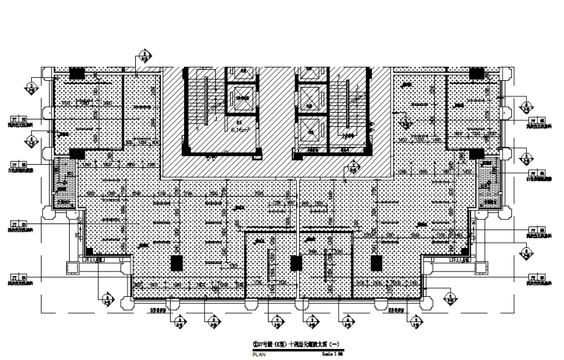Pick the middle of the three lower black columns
point(296,263)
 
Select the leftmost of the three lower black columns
point(176,263)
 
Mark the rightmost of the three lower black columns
point(375,263)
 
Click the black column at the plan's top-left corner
point(76,73)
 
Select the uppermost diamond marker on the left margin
point(31,86)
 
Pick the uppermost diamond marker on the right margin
point(526,105)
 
